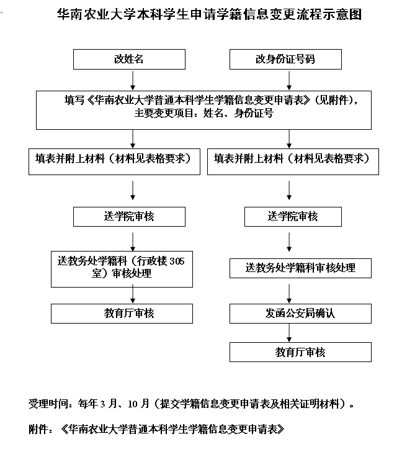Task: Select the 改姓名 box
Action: pyautogui.click(x=130, y=60)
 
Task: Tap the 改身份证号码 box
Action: pyautogui.click(x=285, y=60)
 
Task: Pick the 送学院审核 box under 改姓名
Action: pyautogui.click(x=129, y=217)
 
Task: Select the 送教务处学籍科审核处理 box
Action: pyautogui.click(x=300, y=268)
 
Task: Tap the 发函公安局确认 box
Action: pyautogui.click(x=300, y=314)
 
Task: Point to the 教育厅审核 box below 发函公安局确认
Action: pyautogui.click(x=300, y=352)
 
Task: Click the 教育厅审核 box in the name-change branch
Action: pyautogui.click(x=130, y=314)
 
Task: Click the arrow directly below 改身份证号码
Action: pyautogui.click(x=289, y=79)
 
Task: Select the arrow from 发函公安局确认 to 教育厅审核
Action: pyautogui.click(x=289, y=333)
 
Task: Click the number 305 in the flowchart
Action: pyautogui.click(x=177, y=261)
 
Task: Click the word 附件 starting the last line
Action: pyautogui.click(x=38, y=429)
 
